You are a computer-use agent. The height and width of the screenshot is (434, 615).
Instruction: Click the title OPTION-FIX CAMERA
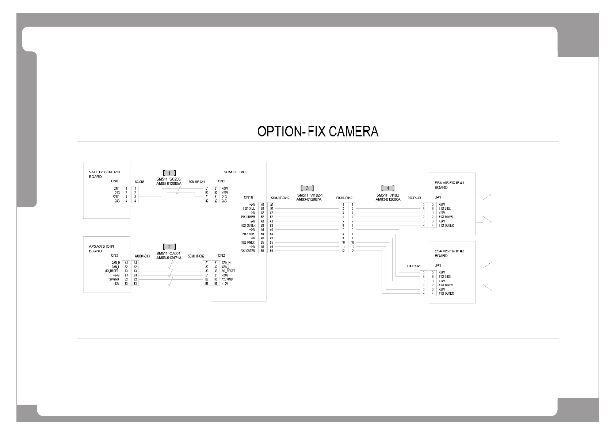318,131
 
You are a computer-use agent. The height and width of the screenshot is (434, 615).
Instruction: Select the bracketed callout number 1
169,173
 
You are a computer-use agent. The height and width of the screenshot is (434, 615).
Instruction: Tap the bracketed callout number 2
169,247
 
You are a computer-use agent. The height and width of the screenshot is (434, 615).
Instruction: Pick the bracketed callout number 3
307,188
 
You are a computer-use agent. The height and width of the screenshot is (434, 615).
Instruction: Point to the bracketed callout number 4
388,188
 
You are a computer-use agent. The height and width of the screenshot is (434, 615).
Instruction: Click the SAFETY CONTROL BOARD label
105,174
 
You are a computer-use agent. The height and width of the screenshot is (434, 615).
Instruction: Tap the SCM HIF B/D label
234,172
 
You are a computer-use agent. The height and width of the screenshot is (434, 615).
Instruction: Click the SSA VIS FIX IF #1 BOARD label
449,185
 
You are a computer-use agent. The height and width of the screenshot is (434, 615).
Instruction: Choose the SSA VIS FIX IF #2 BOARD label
449,253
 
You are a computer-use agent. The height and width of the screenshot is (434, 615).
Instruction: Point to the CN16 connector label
248,197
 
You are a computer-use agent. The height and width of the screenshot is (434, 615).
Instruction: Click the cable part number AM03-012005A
169,183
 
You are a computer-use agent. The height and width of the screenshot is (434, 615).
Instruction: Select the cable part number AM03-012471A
169,257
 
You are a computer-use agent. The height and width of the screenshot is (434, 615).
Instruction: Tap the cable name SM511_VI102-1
310,195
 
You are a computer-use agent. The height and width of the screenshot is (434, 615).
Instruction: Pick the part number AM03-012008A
388,199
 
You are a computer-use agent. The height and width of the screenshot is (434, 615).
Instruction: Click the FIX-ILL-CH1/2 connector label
344,198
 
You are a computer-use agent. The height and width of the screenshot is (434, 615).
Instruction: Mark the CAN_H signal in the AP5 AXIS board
116,262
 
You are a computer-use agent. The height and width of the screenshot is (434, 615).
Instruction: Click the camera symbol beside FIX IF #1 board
487,208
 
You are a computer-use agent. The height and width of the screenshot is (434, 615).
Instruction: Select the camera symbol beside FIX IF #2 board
487,276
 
